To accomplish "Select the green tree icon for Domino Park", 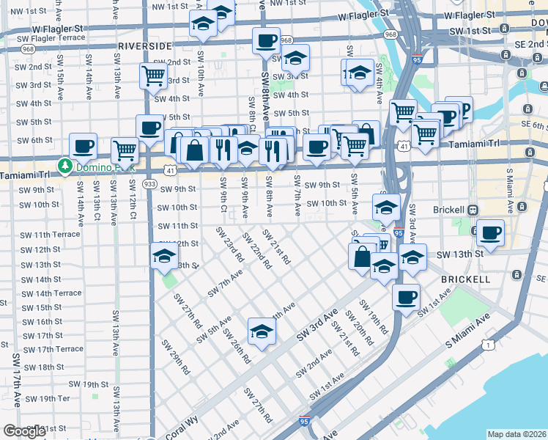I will tap(65, 164).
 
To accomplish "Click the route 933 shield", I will tap(149, 183).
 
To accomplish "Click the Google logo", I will tap(24, 430).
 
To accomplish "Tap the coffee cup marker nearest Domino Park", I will tap(84, 145).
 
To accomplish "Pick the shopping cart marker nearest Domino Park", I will tap(125, 150).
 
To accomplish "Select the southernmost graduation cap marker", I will tap(262, 331).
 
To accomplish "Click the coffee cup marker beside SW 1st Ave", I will tap(405, 297).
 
